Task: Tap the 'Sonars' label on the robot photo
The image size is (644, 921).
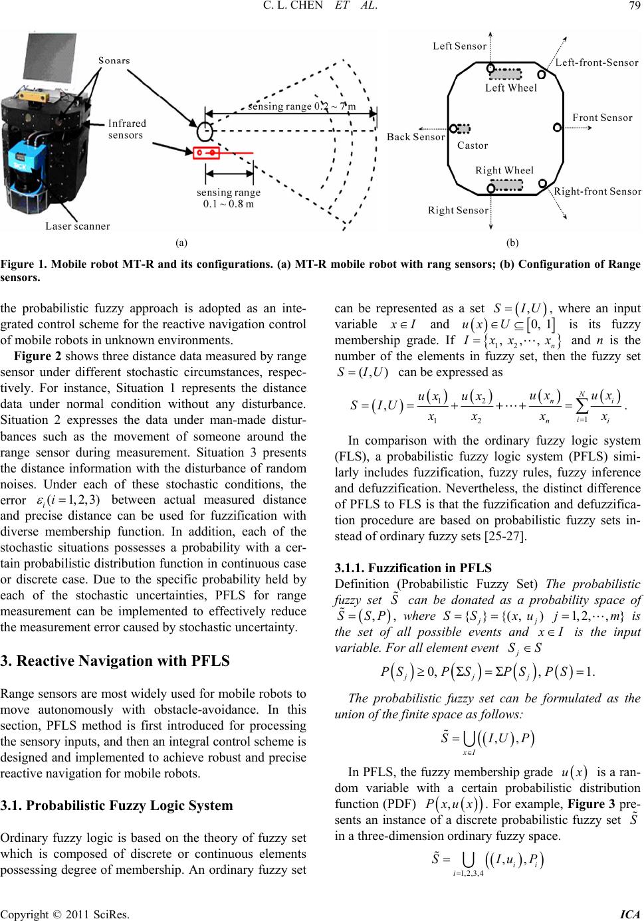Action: point(114,60)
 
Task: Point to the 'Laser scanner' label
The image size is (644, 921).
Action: point(78,226)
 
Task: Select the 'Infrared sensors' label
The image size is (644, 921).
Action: point(126,129)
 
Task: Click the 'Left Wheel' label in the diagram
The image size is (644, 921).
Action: point(511,88)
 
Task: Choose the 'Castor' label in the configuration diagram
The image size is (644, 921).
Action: point(473,145)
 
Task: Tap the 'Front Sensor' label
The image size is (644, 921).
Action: point(602,118)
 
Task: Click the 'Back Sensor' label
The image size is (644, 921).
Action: point(416,137)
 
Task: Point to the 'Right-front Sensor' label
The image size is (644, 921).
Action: point(597,191)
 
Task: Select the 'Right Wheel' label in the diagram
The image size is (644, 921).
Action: point(504,170)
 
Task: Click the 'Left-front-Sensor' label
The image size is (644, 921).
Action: point(597,62)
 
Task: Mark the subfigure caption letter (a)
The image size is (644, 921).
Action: point(181,243)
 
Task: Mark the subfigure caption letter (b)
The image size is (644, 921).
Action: point(512,243)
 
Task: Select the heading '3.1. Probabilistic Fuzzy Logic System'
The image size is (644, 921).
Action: point(117,805)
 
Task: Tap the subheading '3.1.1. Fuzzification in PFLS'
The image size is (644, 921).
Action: point(413,567)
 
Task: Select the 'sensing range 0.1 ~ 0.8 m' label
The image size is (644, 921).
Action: point(229,198)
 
